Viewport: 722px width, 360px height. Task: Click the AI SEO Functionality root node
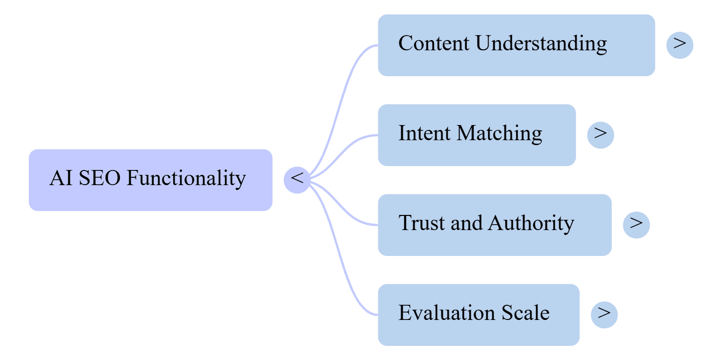click(150, 180)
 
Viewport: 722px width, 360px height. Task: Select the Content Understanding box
click(516, 45)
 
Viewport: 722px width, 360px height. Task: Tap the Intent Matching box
click(476, 135)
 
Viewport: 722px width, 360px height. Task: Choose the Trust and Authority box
click(495, 225)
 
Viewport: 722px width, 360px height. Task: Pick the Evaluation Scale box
click(478, 315)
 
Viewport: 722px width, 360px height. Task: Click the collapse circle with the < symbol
click(297, 179)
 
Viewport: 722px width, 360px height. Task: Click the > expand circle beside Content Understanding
click(680, 45)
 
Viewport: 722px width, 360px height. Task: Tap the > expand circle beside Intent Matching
click(600, 135)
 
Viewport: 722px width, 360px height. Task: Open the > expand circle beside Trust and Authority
click(636, 225)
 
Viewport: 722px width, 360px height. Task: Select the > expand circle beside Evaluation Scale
click(604, 315)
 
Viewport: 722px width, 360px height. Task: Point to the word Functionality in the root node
click(186, 179)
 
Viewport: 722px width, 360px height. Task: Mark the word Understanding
click(541, 44)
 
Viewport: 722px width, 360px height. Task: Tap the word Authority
click(531, 224)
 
